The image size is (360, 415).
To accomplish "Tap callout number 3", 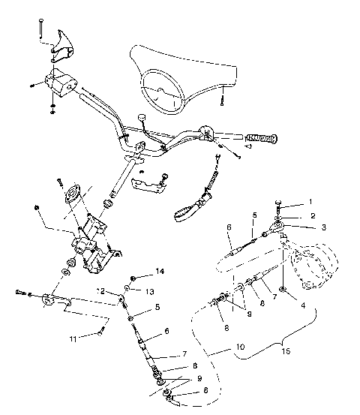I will [323, 227].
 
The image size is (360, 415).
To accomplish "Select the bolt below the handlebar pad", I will [223, 97].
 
